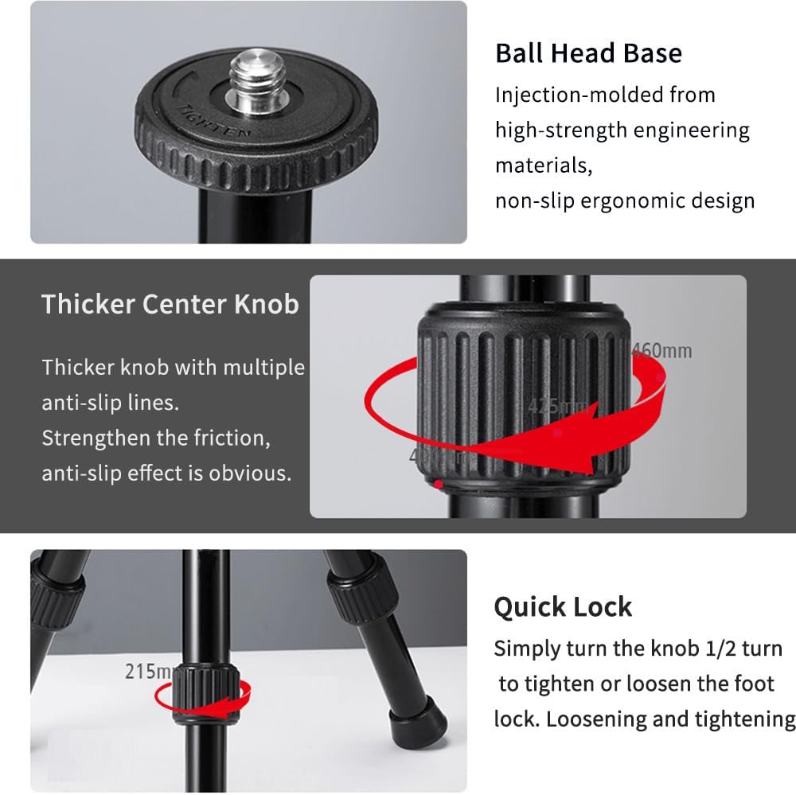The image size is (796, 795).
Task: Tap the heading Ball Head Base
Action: click(588, 53)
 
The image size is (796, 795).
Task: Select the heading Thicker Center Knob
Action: click(170, 304)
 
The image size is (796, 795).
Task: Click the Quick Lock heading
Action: click(563, 607)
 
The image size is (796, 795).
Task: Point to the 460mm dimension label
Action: click(661, 350)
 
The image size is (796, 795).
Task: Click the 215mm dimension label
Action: click(149, 672)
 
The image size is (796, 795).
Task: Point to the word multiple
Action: click(263, 368)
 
